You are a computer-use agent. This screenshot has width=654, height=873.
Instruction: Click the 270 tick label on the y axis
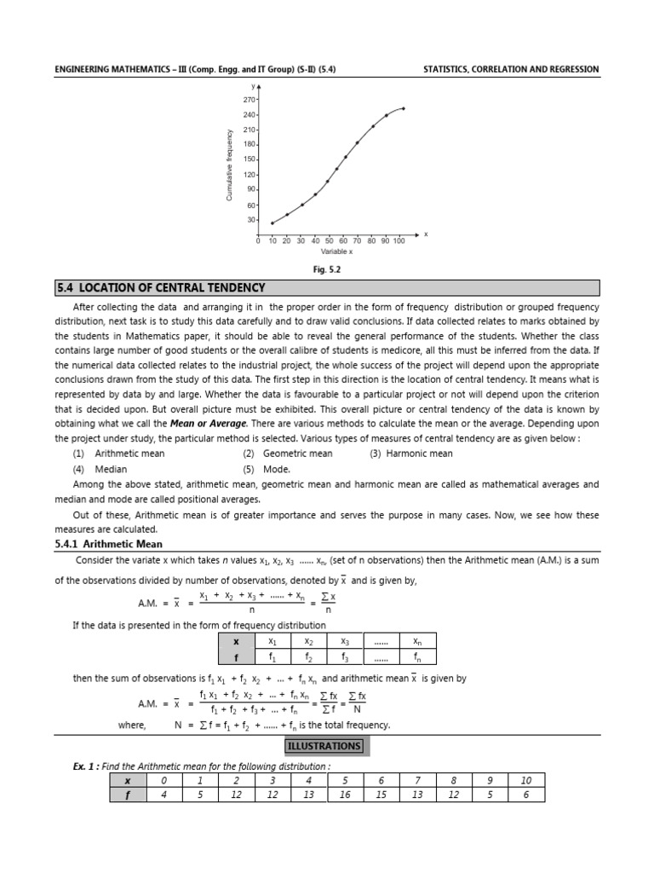click(250, 100)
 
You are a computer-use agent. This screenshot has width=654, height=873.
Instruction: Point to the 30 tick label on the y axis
click(251, 220)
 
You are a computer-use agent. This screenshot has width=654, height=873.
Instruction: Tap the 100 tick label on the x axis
click(399, 241)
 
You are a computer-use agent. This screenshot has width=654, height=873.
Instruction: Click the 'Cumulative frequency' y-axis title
click(229, 165)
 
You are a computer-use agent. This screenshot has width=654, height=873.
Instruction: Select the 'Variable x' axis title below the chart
click(336, 252)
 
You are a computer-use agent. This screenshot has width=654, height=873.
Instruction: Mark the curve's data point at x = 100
click(403, 108)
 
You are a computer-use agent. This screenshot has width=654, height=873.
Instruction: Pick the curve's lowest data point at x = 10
click(272, 223)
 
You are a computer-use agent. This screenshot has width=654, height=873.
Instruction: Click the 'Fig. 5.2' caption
click(326, 269)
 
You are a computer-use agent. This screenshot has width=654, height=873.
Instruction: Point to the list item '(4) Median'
click(100, 469)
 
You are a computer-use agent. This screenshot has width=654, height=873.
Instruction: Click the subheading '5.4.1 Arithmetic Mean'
click(108, 544)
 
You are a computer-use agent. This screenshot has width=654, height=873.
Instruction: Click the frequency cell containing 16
click(345, 794)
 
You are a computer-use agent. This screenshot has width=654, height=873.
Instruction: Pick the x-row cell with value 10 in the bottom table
click(525, 780)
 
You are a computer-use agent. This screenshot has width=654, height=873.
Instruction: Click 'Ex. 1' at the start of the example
click(84, 766)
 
